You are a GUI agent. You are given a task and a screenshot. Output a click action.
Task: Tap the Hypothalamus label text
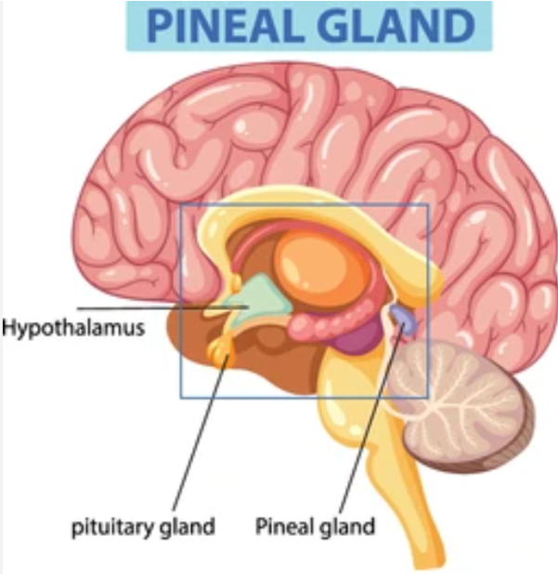(73, 328)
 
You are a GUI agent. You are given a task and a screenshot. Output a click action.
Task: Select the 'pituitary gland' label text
(144, 528)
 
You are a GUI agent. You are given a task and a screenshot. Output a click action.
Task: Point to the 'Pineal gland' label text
(315, 528)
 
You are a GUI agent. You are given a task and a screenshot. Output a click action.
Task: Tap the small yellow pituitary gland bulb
(222, 352)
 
